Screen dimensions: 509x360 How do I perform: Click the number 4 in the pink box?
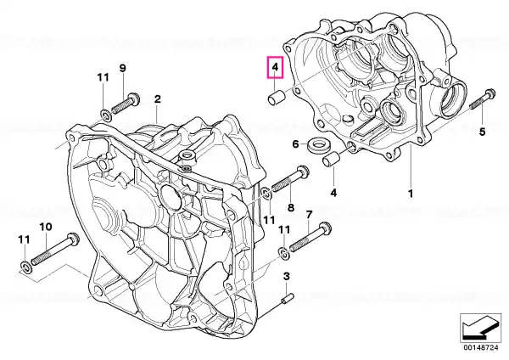(275, 68)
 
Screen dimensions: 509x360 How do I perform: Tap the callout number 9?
(122, 68)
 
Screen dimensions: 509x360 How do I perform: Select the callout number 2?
(158, 99)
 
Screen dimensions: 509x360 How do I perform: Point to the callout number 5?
(482, 132)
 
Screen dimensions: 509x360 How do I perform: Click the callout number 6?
(295, 144)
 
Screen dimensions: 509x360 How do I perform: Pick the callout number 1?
(411, 194)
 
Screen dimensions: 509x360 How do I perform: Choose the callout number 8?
(291, 207)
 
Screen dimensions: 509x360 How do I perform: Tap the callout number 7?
(309, 215)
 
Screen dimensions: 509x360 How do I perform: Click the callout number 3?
(286, 277)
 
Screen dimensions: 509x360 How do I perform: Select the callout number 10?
(46, 227)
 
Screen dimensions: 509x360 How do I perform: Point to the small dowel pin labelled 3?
(288, 299)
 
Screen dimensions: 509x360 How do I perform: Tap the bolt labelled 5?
(483, 99)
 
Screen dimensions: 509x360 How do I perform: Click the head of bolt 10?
(74, 239)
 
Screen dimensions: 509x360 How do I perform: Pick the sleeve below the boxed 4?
(277, 98)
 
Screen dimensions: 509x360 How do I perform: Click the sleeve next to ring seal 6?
(331, 159)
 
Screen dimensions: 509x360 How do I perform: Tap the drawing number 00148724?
(480, 348)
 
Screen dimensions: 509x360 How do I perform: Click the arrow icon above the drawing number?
(480, 327)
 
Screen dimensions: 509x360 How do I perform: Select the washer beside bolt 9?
(105, 115)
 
